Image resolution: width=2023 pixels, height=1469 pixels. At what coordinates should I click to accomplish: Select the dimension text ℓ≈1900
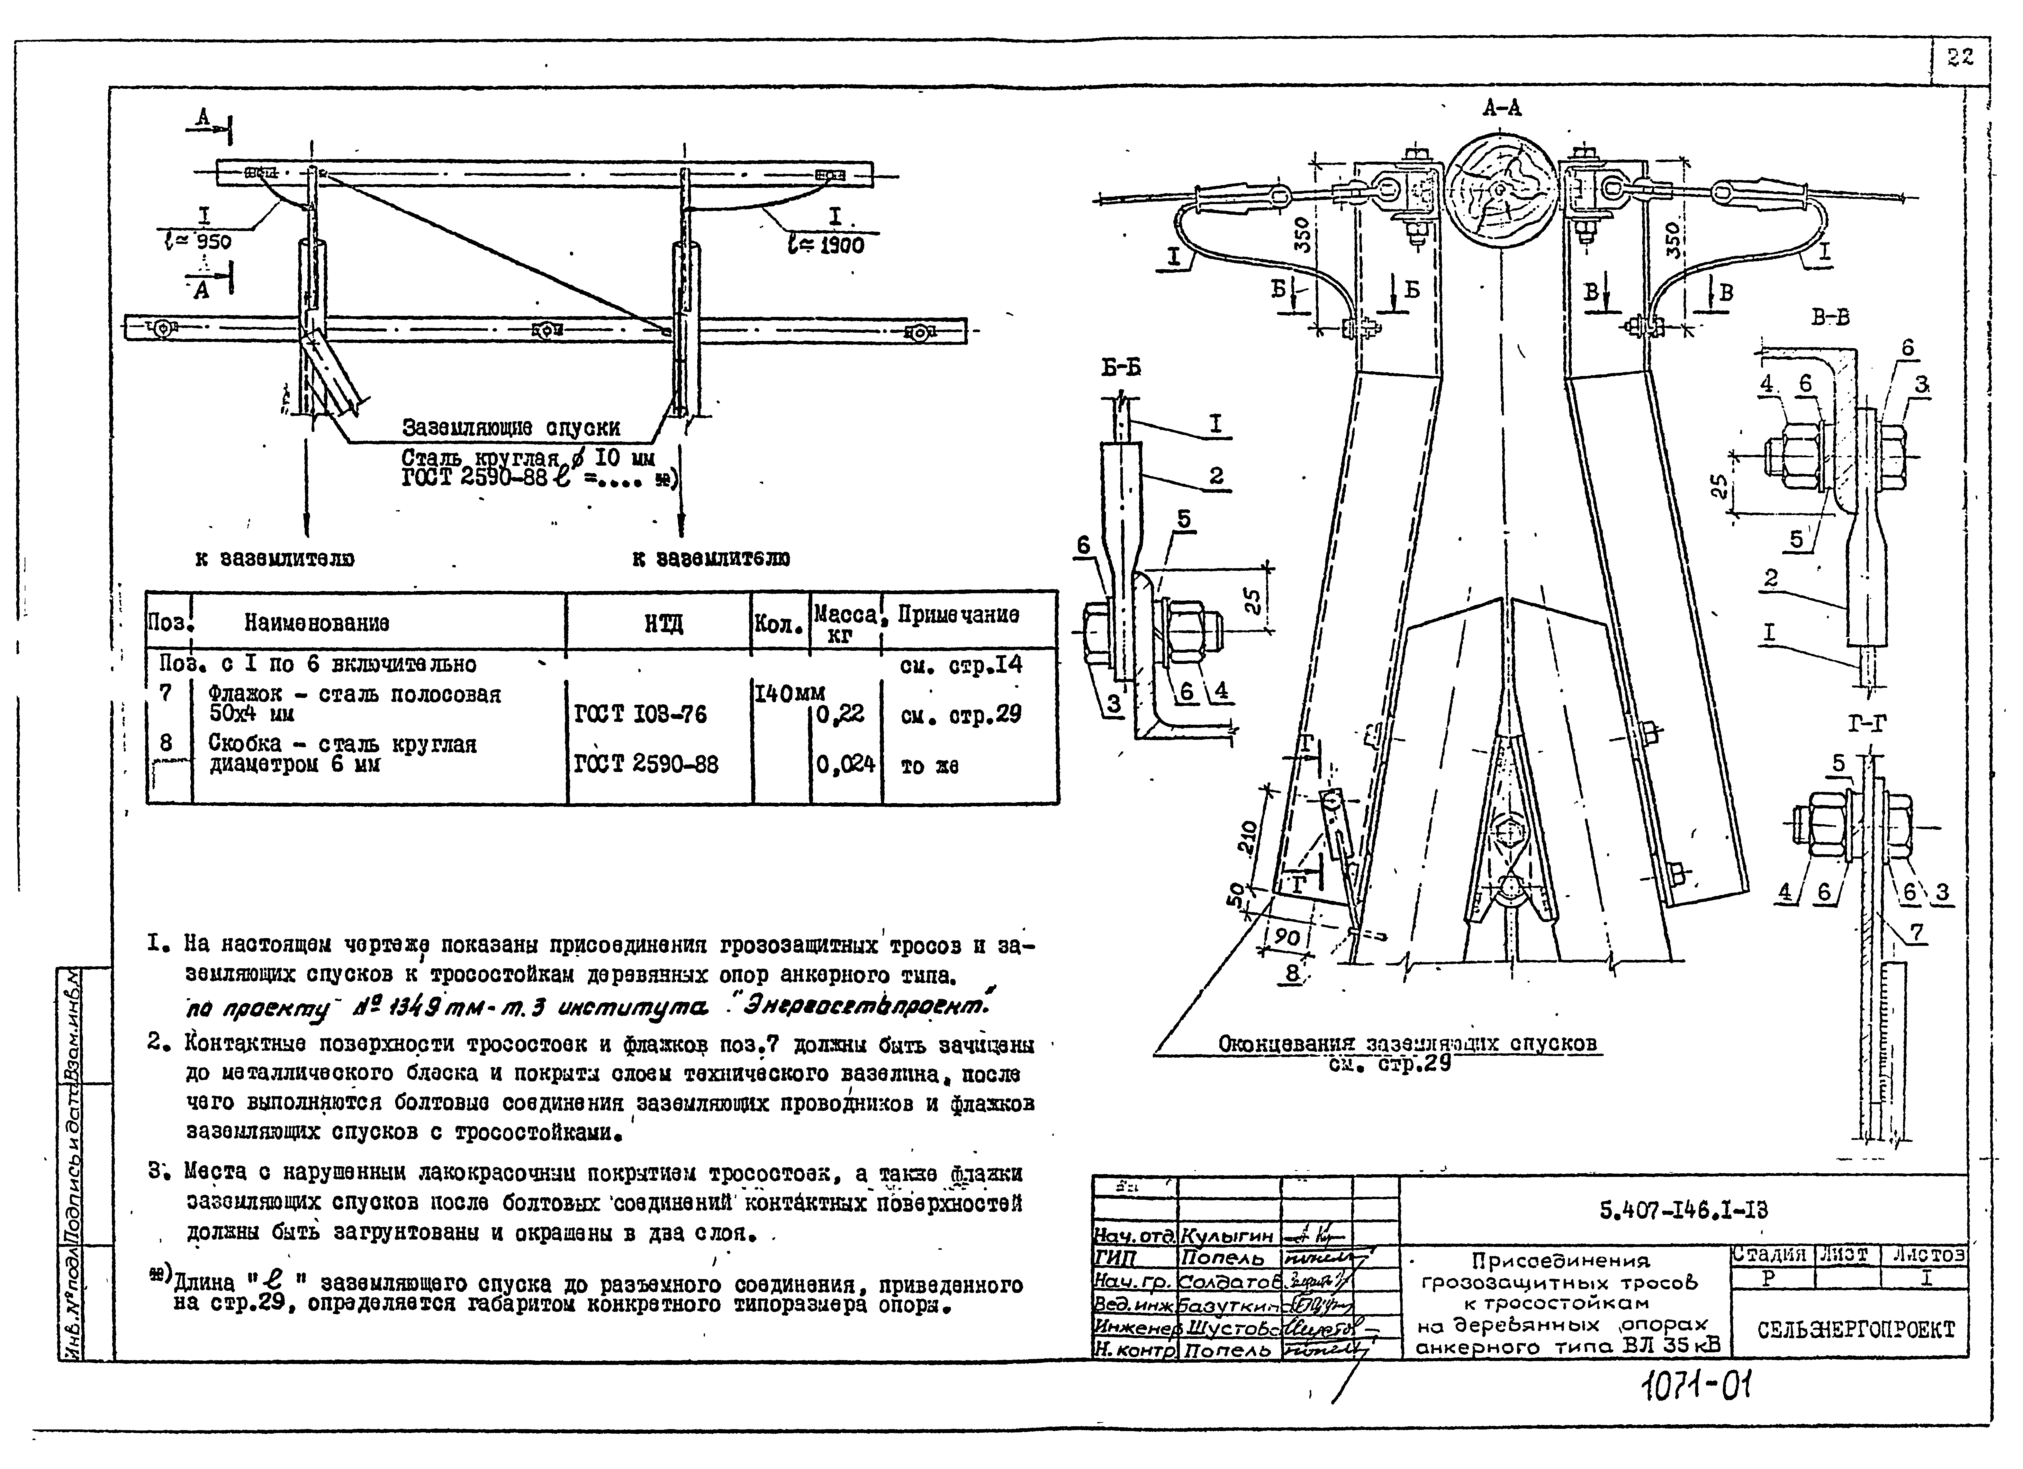(x=826, y=244)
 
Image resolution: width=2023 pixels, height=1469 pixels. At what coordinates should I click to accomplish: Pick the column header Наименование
(x=317, y=623)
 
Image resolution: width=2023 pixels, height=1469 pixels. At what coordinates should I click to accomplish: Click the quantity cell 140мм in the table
(x=790, y=693)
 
